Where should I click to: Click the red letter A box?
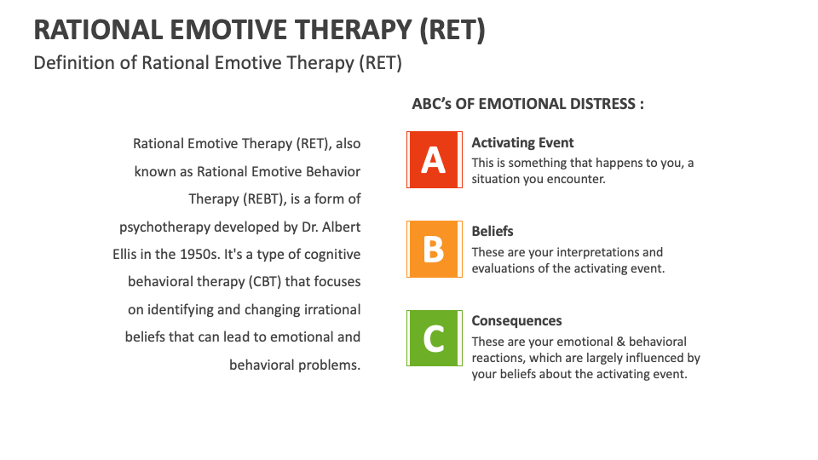(x=434, y=159)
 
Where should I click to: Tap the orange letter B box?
(x=434, y=249)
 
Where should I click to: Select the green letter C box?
(x=434, y=338)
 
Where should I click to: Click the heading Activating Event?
(x=522, y=143)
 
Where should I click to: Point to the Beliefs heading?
(x=493, y=232)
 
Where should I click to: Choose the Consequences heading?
(x=516, y=321)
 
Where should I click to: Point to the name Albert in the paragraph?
(x=338, y=227)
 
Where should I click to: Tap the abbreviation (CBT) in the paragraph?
(x=247, y=282)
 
